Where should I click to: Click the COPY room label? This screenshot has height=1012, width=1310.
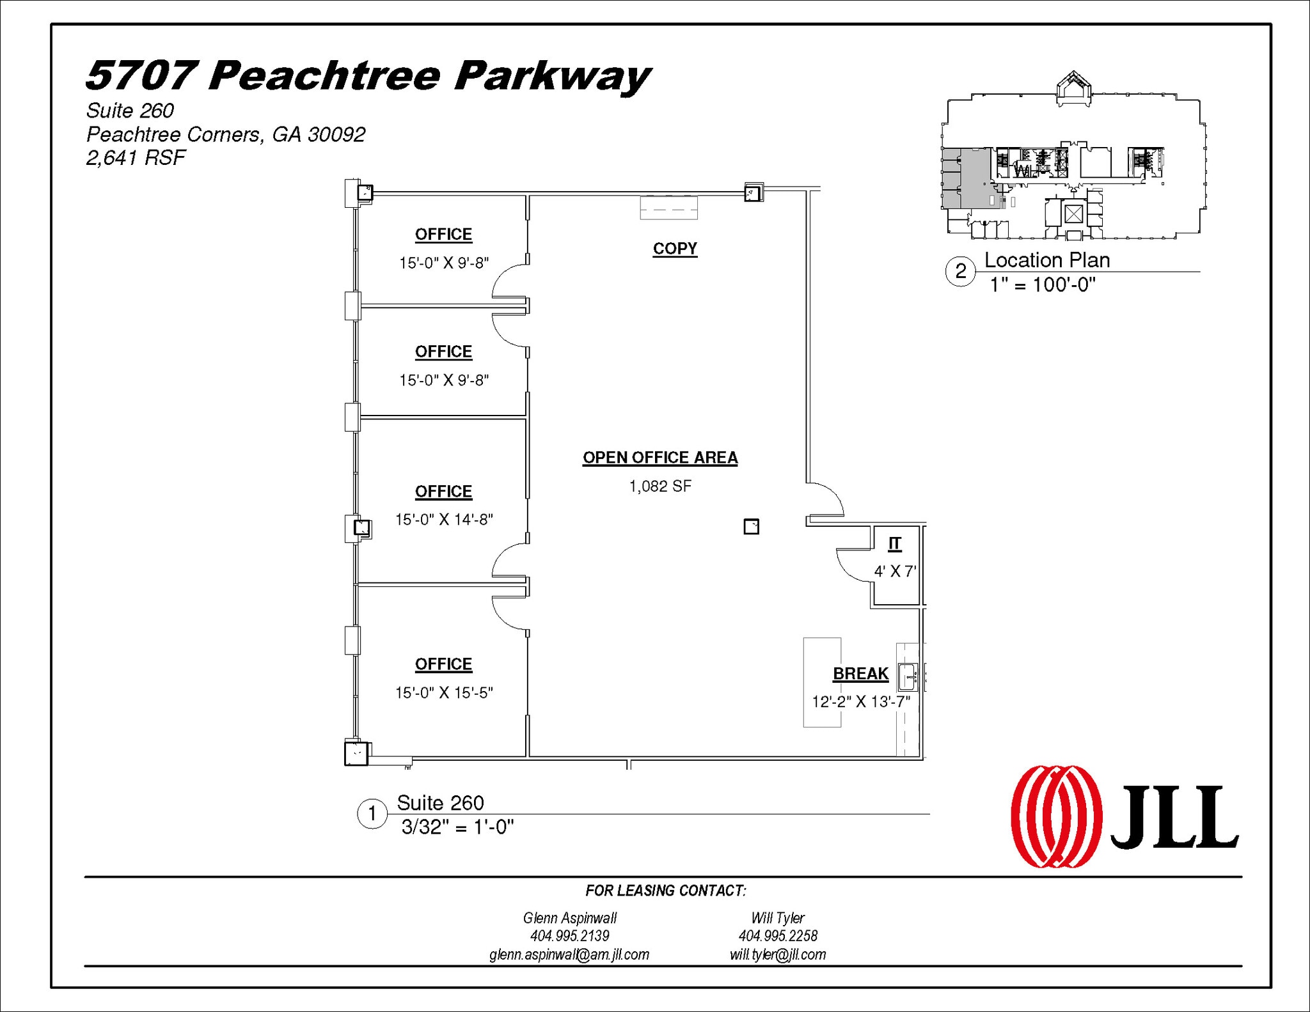[x=675, y=249]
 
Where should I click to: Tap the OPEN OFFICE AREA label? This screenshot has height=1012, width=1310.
[x=660, y=458]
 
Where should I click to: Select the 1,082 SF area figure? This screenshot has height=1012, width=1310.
[x=660, y=487]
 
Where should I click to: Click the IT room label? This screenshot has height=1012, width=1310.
[x=895, y=544]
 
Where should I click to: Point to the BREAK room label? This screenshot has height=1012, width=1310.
[x=860, y=674]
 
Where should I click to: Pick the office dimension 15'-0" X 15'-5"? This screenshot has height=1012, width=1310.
[x=444, y=693]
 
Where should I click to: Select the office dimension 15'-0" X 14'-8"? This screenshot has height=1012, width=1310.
[x=444, y=520]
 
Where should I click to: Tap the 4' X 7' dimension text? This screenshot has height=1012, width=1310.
[x=895, y=572]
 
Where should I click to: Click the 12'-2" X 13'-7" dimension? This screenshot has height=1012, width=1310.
[x=861, y=702]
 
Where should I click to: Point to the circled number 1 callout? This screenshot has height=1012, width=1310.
[x=372, y=814]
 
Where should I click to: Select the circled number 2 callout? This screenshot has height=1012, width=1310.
[x=960, y=271]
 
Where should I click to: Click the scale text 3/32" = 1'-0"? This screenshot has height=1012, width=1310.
[x=457, y=827]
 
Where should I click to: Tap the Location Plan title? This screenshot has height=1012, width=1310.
[x=1046, y=260]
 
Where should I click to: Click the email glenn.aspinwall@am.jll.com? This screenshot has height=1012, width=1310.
[x=569, y=954]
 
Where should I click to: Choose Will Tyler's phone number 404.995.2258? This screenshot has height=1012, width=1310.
[x=778, y=936]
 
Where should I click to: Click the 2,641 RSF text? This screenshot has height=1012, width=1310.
[x=136, y=158]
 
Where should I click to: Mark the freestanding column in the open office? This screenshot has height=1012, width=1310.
[x=751, y=527]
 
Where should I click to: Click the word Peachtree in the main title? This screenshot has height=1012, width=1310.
[x=324, y=76]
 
